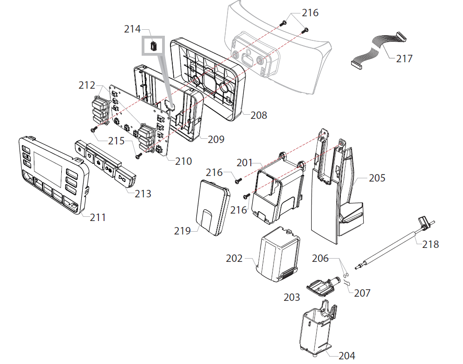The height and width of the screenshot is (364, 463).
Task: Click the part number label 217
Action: (x=404, y=58)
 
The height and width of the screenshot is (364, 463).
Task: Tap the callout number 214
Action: (x=132, y=29)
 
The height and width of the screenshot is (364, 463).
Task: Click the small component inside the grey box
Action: (x=153, y=45)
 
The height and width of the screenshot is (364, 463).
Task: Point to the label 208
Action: (x=259, y=115)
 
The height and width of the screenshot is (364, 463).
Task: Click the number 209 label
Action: (x=215, y=139)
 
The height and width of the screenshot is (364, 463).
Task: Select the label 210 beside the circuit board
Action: (x=183, y=161)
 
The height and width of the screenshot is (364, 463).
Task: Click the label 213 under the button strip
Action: (x=143, y=193)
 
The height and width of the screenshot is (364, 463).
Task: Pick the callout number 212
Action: (x=87, y=85)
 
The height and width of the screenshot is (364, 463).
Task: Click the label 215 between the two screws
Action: (x=116, y=140)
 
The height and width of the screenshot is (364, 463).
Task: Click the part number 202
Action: (x=234, y=258)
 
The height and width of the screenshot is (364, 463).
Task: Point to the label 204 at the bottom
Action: (x=346, y=356)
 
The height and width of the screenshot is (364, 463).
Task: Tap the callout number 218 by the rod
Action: (x=430, y=244)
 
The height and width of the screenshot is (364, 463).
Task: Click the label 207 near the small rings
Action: (x=362, y=293)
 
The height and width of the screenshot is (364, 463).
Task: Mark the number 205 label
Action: (x=377, y=178)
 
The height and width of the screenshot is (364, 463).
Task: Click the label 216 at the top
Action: (x=310, y=13)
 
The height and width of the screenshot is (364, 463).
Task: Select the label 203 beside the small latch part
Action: (x=292, y=297)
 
